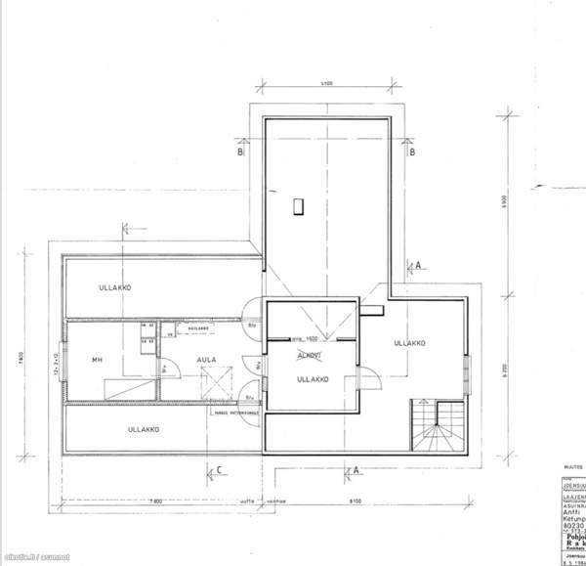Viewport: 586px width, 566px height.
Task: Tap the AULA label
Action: click(x=206, y=359)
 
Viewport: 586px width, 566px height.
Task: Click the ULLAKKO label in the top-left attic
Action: click(x=114, y=288)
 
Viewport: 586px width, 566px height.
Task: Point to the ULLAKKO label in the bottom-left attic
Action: click(x=144, y=429)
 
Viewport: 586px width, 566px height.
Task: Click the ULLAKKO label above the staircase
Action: click(x=410, y=343)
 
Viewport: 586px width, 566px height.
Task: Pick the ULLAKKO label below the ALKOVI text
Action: click(x=312, y=378)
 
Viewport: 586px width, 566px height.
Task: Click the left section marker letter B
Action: click(x=238, y=152)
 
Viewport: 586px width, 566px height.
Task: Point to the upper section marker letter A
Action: click(x=417, y=265)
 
